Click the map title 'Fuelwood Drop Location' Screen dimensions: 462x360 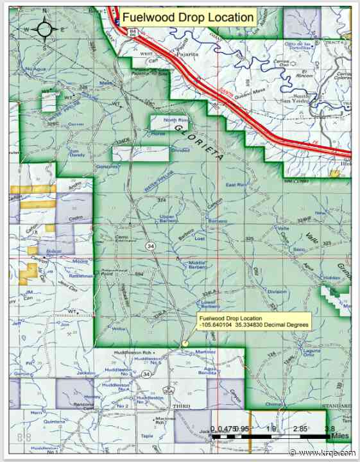pyautogui.click(x=188, y=17)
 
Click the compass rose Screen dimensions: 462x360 pyautogui.click(x=45, y=28)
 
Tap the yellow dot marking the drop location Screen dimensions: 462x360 pyautogui.click(x=185, y=343)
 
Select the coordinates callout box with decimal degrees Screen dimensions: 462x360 pyautogui.click(x=254, y=322)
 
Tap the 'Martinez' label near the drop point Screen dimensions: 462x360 pyautogui.click(x=206, y=350)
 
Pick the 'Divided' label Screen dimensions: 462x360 pyautogui.click(x=180, y=150)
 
